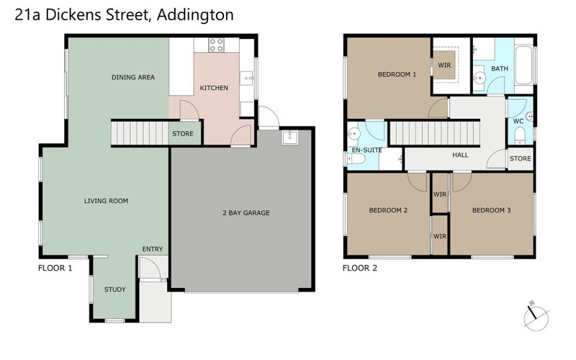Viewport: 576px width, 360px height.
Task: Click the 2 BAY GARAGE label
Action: (x=241, y=212)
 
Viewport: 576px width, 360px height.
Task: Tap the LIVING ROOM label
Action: (x=106, y=201)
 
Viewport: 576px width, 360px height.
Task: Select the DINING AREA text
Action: (x=133, y=77)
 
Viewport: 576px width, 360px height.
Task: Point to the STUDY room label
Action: (x=114, y=289)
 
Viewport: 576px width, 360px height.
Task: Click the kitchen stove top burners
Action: (x=216, y=45)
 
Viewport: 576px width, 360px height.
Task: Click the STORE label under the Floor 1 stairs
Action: (x=182, y=134)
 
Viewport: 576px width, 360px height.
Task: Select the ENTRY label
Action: (x=153, y=249)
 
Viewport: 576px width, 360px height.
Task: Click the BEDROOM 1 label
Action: (x=397, y=74)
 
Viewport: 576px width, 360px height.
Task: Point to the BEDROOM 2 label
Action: (x=389, y=210)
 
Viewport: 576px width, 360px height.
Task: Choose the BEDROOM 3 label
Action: (x=492, y=210)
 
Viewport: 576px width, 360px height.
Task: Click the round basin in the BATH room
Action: (x=480, y=78)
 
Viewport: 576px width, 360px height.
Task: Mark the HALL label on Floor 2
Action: (x=460, y=155)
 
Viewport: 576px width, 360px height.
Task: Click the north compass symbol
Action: (x=536, y=315)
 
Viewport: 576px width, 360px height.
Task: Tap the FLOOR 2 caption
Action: (x=360, y=268)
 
